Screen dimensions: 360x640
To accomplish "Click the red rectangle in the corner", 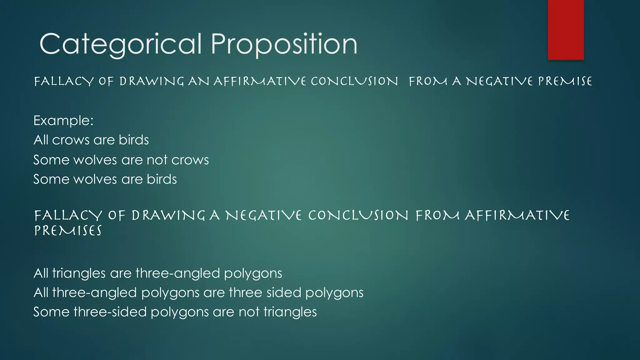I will (x=566, y=30).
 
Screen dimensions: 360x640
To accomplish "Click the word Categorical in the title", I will (x=120, y=44).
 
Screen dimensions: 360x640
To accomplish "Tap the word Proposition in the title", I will (x=284, y=44).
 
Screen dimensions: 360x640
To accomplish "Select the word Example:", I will (x=63, y=121).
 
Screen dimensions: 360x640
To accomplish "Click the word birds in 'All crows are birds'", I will (x=134, y=140).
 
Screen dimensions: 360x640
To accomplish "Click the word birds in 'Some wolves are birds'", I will (x=162, y=179).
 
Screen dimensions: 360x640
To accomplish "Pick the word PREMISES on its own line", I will (x=68, y=231).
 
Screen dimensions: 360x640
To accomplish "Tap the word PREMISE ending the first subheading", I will (x=565, y=82).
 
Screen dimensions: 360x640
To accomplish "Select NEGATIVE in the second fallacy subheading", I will (x=263, y=216).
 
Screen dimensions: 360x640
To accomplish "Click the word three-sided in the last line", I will (x=110, y=312).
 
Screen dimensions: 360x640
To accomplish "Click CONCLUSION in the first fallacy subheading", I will (x=354, y=82).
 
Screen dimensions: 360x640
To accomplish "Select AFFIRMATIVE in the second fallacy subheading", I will (x=517, y=216).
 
